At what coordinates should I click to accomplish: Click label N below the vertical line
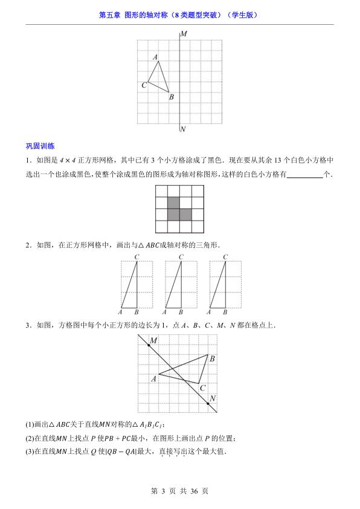[x=183, y=129]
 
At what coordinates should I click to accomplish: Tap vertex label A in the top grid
[x=156, y=57]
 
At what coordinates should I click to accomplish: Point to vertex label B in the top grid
[x=172, y=97]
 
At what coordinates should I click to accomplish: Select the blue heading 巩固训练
[x=40, y=146]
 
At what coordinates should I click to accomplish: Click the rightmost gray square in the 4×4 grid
[x=185, y=215]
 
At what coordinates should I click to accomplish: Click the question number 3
[x=28, y=325]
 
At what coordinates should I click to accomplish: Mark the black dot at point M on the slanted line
[x=149, y=345]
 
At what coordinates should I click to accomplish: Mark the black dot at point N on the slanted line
[x=207, y=403]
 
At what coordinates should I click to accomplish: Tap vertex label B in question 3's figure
[x=212, y=359]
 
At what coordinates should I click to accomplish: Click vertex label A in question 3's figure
[x=153, y=378]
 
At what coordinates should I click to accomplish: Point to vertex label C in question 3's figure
[x=203, y=388]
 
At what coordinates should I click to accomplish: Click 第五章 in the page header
[x=109, y=15]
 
